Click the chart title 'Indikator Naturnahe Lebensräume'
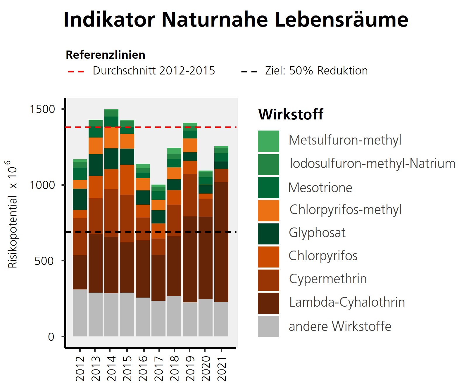(x=236, y=20)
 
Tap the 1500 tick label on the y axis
(x=43, y=109)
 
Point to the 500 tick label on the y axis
(x=44, y=261)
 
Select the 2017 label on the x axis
(x=159, y=368)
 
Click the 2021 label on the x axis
(x=222, y=368)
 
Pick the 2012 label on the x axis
(x=80, y=368)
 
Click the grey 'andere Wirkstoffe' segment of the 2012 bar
(x=80, y=313)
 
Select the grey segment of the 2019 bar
(x=190, y=319)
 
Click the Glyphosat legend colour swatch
(x=268, y=234)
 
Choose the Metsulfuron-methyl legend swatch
(x=268, y=141)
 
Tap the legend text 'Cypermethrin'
(x=328, y=279)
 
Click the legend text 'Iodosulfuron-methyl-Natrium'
(x=372, y=164)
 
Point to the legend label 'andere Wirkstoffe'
(x=340, y=326)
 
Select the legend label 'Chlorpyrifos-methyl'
(x=345, y=210)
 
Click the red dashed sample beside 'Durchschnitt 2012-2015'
(x=76, y=71)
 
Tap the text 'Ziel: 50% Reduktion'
(x=316, y=71)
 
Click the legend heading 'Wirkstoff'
(x=291, y=114)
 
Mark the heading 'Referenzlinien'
(x=106, y=55)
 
